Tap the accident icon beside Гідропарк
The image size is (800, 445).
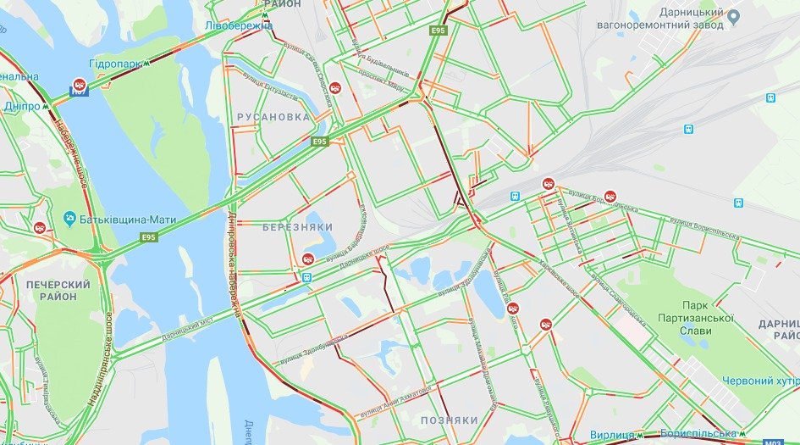[80, 84]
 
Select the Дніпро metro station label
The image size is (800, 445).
[22, 107]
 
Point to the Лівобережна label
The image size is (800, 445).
[238, 25]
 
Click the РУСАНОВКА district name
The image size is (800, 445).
[273, 117]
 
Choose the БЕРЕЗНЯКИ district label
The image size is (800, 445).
[297, 227]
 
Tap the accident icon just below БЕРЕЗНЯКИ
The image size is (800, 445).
[308, 259]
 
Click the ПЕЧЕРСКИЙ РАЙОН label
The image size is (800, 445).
[58, 290]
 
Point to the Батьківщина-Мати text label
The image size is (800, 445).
[128, 220]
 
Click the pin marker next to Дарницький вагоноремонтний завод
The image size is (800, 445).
[734, 16]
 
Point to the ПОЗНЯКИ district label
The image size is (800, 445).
[450, 420]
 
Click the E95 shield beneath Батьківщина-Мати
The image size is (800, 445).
[149, 236]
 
